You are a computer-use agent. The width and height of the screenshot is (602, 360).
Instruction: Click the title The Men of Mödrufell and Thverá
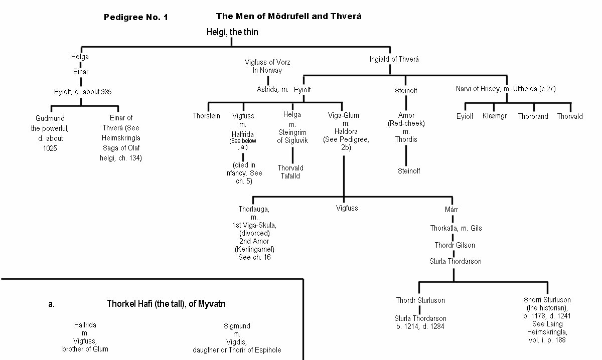(288, 17)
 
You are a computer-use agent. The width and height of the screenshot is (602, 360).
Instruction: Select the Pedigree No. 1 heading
(135, 18)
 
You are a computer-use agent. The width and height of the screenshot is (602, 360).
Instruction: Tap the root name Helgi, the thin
(233, 32)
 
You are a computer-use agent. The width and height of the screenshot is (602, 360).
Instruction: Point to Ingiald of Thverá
(394, 59)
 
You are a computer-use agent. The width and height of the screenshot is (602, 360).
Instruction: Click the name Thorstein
(207, 116)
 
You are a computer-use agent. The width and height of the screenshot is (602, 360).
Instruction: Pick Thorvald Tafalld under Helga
(290, 172)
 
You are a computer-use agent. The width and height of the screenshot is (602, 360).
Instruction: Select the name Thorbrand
(533, 116)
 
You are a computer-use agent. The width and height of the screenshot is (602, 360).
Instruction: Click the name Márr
(452, 209)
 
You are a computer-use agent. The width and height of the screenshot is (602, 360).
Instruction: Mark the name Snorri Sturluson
(543, 300)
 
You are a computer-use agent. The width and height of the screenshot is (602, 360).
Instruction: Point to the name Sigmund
(237, 326)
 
